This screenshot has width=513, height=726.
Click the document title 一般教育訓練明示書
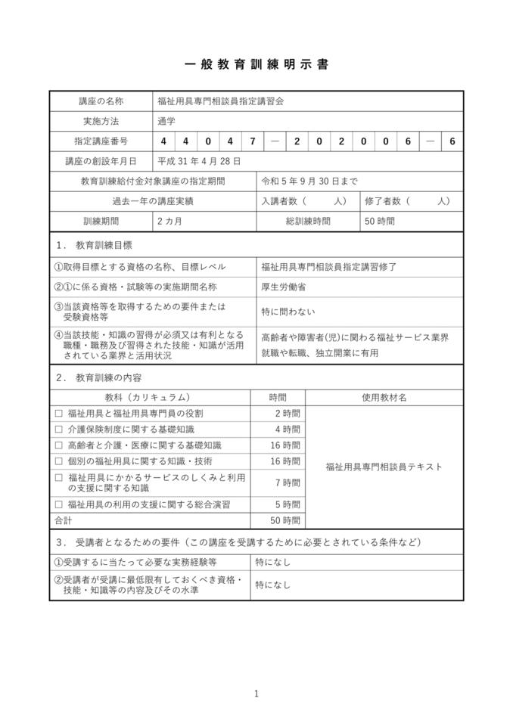(256, 64)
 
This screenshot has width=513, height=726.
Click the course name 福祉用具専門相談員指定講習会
(220, 101)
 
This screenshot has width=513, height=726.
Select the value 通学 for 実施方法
(166, 121)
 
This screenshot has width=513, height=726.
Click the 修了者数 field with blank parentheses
(407, 201)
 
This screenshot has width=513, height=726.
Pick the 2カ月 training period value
(170, 222)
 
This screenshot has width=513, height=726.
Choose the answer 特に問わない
(288, 311)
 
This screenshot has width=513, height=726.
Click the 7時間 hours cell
(288, 482)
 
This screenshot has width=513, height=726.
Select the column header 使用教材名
(384, 397)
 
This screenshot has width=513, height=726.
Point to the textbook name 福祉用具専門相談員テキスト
(384, 467)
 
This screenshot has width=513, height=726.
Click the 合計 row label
(63, 520)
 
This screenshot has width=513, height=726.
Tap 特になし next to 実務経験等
(272, 563)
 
